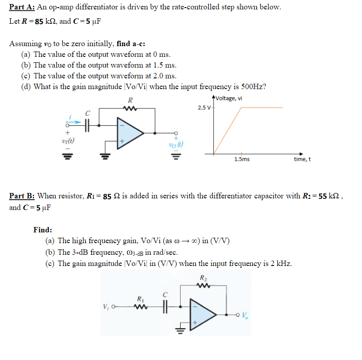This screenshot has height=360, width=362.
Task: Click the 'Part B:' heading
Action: point(22,196)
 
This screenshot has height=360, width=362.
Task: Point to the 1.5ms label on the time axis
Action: point(242,159)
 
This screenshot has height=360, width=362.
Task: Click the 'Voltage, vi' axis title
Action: point(229,99)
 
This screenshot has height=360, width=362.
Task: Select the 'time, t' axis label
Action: point(302,159)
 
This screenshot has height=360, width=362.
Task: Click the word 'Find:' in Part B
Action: point(43,230)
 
